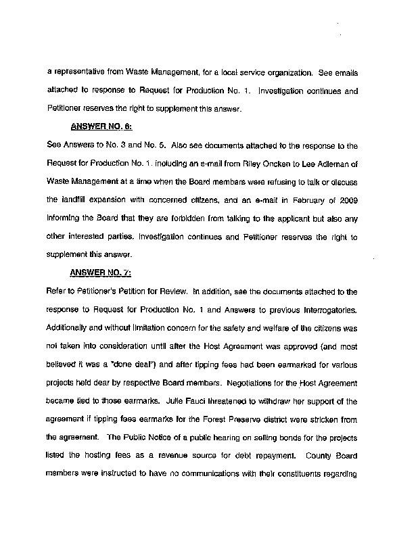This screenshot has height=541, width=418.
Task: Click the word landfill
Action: click(72, 200)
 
